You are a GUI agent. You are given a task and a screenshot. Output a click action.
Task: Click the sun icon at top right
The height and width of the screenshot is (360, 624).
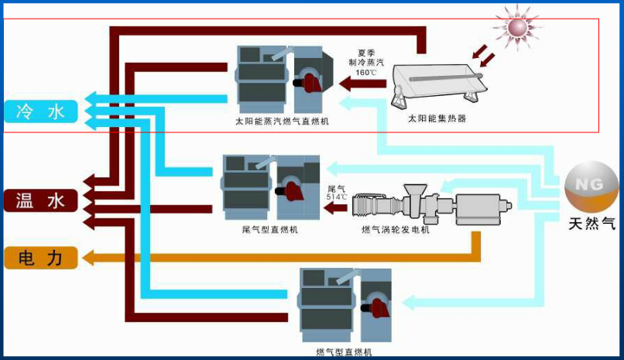click(516, 26)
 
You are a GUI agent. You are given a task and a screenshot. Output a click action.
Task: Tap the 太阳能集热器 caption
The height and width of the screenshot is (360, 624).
click(437, 119)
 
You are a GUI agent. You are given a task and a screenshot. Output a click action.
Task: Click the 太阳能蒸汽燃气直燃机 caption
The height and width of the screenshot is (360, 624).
click(282, 122)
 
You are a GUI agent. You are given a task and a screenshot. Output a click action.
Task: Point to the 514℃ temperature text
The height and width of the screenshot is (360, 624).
click(337, 197)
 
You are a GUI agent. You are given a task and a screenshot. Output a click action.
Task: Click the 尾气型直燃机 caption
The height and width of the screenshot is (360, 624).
click(269, 230)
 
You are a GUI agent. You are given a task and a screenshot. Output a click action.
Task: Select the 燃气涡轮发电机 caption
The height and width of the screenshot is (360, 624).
click(395, 230)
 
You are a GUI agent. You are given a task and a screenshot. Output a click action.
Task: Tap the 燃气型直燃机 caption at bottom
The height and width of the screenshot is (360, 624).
click(344, 352)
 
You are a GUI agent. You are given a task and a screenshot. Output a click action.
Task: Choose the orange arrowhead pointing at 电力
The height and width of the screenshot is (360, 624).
click(88, 257)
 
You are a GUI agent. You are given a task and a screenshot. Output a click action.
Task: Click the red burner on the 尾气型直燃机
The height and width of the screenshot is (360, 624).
click(295, 188)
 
